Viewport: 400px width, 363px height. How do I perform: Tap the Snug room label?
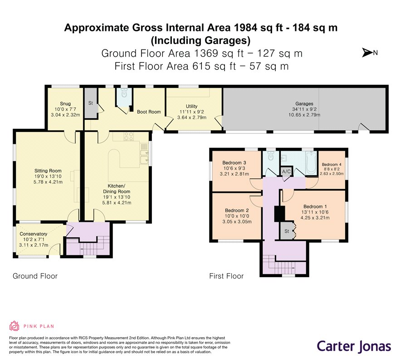pos(65,103)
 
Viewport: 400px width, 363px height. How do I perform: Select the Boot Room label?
pos(149,112)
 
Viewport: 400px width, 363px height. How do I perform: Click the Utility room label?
pos(191,106)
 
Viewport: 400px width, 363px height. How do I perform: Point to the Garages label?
pos(304,103)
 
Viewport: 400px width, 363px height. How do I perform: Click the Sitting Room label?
pos(48,171)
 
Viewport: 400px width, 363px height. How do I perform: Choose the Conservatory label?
pos(34,234)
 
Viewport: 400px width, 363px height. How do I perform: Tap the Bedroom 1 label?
pos(315,206)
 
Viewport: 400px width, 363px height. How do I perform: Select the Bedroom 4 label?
pos(332,165)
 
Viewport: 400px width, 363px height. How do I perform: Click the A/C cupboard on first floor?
pos(286,171)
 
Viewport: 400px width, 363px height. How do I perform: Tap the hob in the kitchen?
pos(128,136)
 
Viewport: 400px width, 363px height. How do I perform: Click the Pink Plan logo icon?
pos(15,326)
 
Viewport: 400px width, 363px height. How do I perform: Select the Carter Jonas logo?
pos(354,347)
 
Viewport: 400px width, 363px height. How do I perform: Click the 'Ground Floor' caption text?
pos(35,276)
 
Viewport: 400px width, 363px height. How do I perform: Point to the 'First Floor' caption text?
pos(226,276)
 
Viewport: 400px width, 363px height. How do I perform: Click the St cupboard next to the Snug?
pos(91,103)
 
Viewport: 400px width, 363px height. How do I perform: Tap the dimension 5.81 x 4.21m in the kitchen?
pos(117,203)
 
